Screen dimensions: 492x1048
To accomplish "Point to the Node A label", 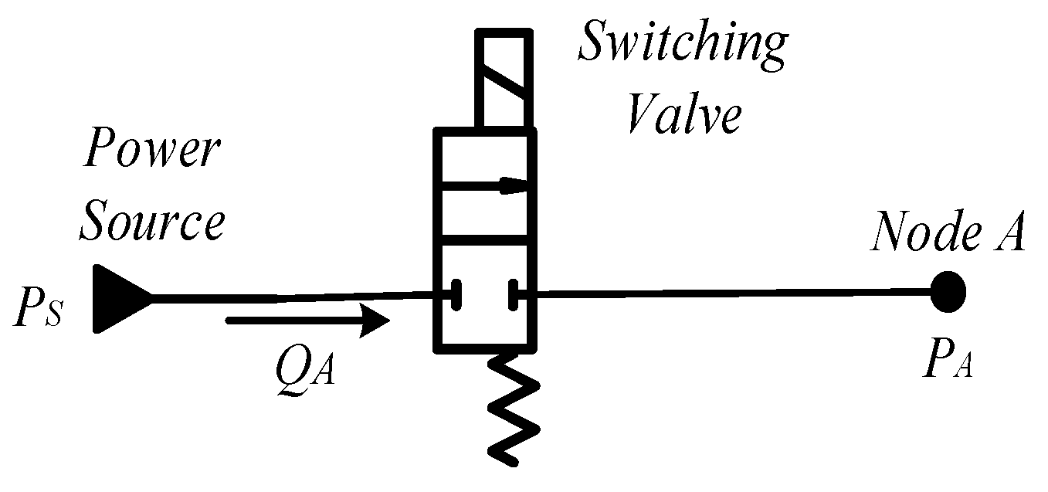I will point(948,232).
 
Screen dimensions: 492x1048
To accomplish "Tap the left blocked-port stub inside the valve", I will point(456,294).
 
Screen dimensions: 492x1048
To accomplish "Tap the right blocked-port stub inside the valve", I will point(513,294).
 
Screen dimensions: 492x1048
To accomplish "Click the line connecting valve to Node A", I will point(726,292).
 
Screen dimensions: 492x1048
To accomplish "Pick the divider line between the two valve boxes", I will point(485,240).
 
